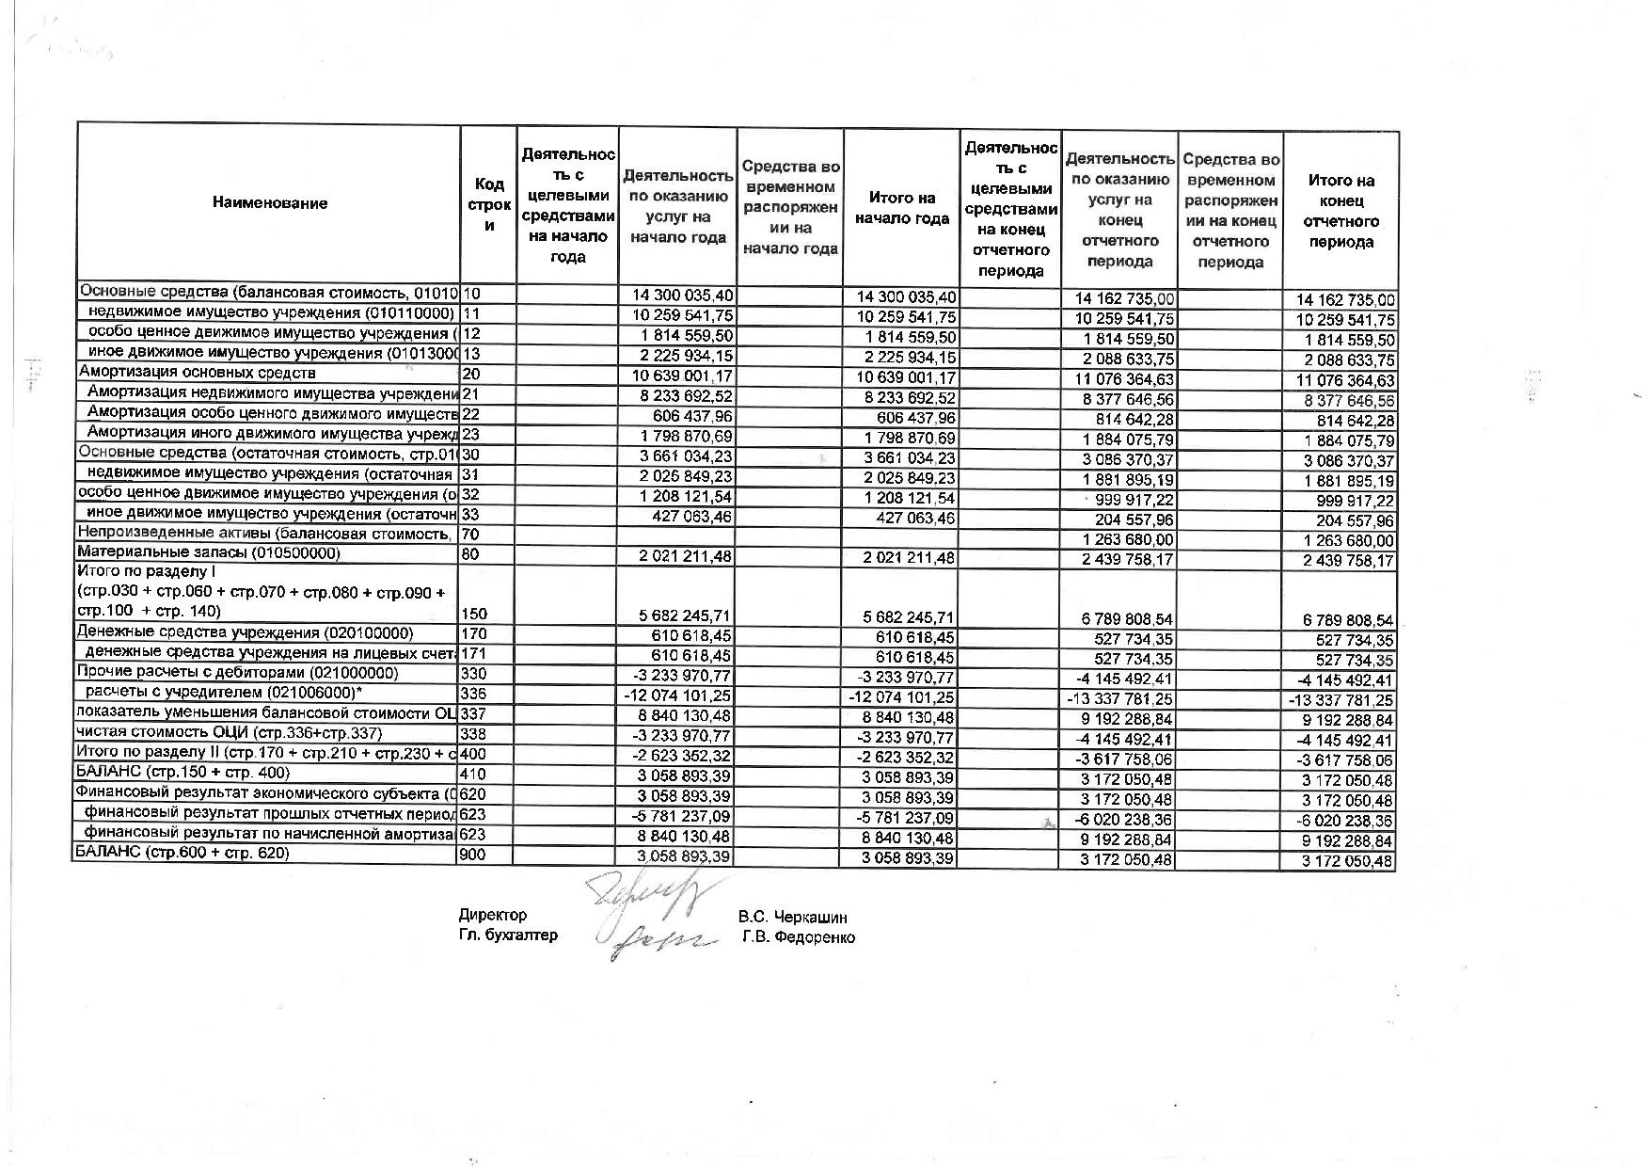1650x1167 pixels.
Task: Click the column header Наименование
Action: [269, 203]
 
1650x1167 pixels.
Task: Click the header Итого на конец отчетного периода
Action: [1341, 211]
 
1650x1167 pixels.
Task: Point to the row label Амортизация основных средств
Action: [197, 373]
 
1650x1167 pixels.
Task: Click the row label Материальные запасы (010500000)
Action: [208, 553]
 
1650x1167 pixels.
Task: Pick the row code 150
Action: [475, 614]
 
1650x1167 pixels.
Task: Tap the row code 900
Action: [472, 854]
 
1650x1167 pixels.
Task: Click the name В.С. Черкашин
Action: [792, 917]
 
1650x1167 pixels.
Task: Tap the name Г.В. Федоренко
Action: [798, 936]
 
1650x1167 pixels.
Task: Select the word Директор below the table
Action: [493, 915]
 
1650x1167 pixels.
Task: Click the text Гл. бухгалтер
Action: [508, 935]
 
